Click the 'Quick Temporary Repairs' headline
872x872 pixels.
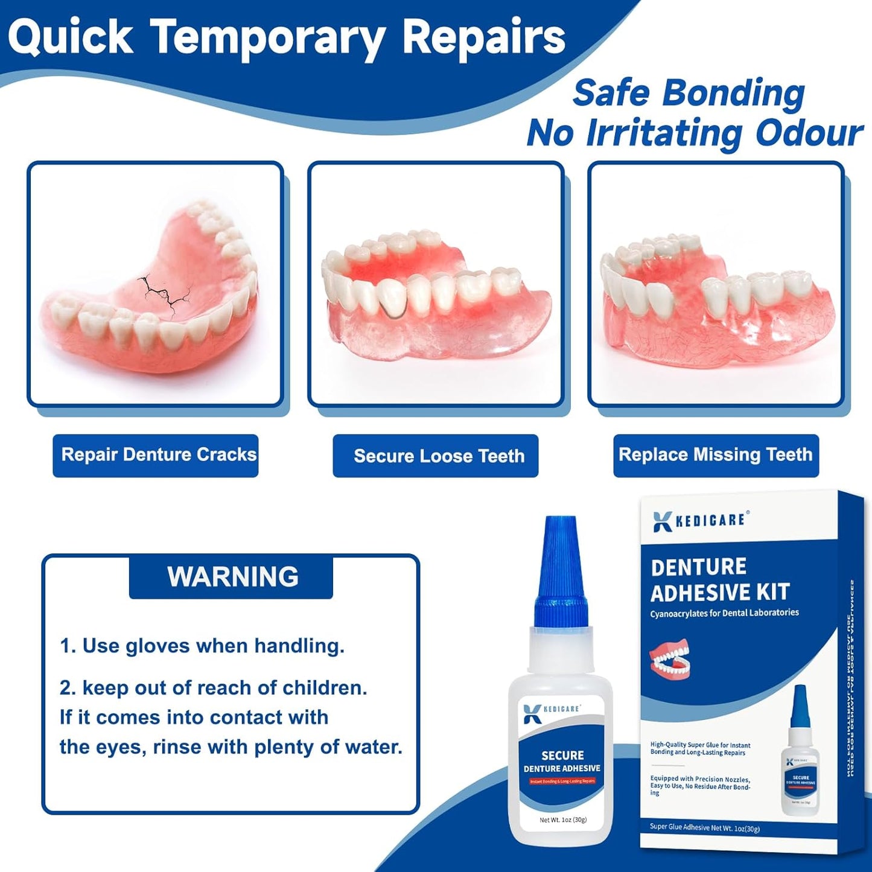coord(287,37)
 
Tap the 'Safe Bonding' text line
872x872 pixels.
coord(689,94)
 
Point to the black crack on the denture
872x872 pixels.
coord(162,292)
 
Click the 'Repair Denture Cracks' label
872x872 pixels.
coord(156,455)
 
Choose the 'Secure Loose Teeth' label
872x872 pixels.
coord(436,456)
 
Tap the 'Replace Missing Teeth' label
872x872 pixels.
coord(716,455)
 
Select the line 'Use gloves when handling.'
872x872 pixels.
coord(202,646)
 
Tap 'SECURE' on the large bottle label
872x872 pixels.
coord(562,755)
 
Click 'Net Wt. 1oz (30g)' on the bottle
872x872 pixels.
coord(562,819)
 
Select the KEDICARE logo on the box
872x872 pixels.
coord(701,521)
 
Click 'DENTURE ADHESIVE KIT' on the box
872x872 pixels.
coord(719,580)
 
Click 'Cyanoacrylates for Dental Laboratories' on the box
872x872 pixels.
coord(724,613)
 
